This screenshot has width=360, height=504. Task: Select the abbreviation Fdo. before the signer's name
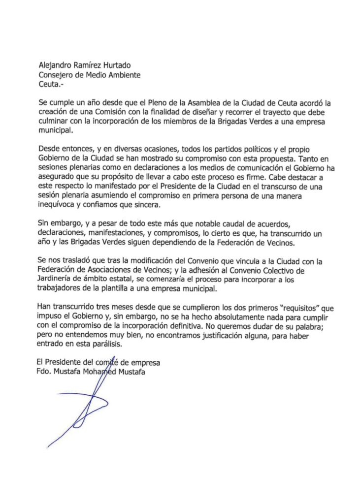point(45,372)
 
